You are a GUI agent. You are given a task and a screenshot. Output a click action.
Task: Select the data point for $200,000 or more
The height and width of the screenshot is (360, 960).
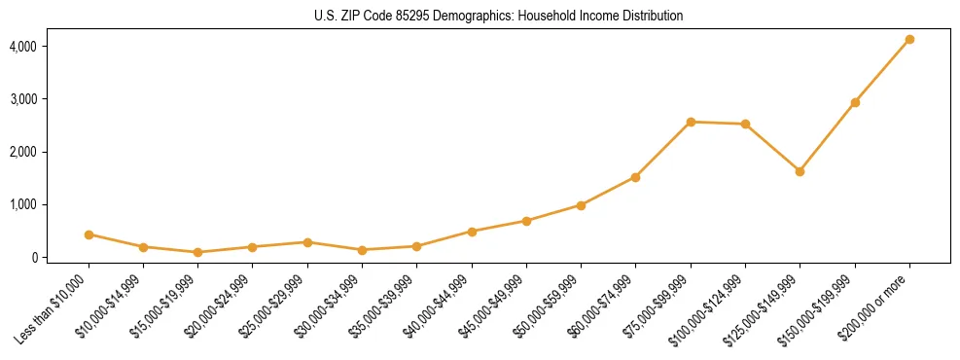pos(909,39)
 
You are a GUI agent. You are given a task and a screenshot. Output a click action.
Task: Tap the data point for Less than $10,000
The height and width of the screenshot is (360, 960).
pos(89,234)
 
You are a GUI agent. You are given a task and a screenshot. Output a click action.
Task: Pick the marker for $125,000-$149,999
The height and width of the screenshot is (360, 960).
pos(800,171)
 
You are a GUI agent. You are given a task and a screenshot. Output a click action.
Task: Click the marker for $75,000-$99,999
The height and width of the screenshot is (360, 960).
pos(691,122)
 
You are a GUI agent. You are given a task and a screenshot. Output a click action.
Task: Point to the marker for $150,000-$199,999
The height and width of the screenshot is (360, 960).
pos(855,102)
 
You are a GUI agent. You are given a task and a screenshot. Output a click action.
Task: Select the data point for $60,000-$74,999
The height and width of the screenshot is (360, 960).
pos(635,177)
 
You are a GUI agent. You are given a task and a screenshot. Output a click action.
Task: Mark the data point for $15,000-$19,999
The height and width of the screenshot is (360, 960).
pos(197,252)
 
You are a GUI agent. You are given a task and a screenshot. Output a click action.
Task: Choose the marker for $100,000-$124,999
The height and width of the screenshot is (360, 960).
pos(745,124)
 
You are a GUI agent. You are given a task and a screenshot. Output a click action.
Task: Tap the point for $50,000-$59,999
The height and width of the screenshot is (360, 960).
pos(581,205)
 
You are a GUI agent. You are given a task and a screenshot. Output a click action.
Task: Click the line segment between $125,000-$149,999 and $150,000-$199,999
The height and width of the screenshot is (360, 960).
pos(827,137)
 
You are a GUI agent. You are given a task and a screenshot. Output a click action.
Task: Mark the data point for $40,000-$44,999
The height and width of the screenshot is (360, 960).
pos(472,232)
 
